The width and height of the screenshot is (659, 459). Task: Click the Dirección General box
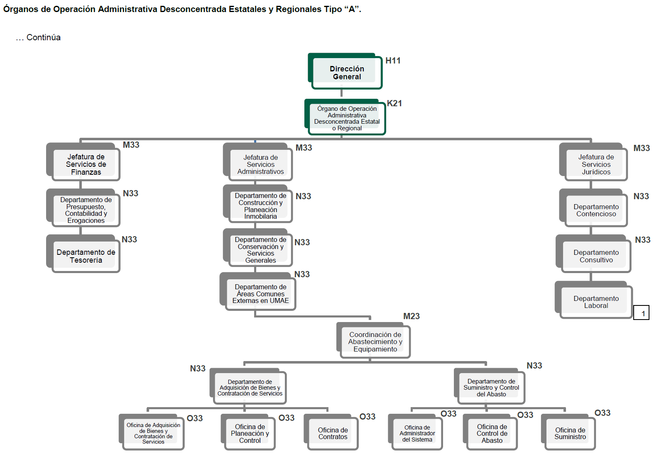pyautogui.click(x=347, y=73)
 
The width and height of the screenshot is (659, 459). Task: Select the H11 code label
pyautogui.click(x=393, y=61)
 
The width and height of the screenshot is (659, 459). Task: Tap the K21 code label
pyautogui.click(x=394, y=103)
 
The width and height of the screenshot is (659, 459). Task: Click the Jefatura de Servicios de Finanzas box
pyautogui.click(x=86, y=164)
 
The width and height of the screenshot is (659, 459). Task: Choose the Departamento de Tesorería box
pyautogui.click(x=86, y=256)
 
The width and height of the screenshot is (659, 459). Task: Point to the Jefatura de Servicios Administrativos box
pyautogui.click(x=260, y=164)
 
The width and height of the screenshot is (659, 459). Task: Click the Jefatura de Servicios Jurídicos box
pyautogui.click(x=596, y=164)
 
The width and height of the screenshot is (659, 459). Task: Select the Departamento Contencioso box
pyautogui.click(x=596, y=210)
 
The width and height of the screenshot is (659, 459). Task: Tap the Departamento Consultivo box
pyautogui.click(x=596, y=256)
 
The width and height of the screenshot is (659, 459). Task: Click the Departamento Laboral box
pyautogui.click(x=596, y=302)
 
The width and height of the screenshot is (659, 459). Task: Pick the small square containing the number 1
pyautogui.click(x=642, y=313)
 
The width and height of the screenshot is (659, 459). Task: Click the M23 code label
pyautogui.click(x=412, y=316)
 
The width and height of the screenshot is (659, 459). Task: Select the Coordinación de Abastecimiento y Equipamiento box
pyautogui.click(x=375, y=342)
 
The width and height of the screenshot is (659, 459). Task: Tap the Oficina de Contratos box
pyautogui.click(x=333, y=433)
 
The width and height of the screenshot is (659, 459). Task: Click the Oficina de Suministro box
pyautogui.click(x=570, y=433)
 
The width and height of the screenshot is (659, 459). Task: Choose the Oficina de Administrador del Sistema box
pyautogui.click(x=417, y=434)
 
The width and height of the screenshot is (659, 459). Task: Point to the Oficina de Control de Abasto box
pyautogui.click(x=492, y=434)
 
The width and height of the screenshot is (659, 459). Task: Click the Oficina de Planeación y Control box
pyautogui.click(x=250, y=434)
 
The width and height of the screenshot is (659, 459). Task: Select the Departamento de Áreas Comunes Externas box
pyautogui.click(x=260, y=294)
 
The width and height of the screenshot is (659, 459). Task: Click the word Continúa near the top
pyautogui.click(x=43, y=37)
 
